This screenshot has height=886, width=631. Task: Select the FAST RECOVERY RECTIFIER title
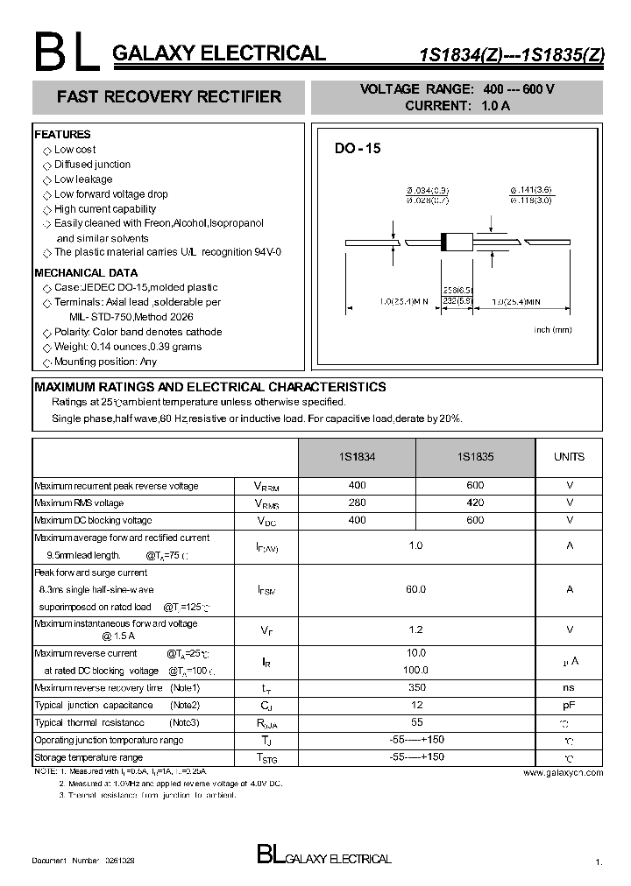tap(169, 97)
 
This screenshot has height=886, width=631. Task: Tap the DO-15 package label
tap(358, 149)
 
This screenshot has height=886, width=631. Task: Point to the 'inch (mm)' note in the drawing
tap(553, 329)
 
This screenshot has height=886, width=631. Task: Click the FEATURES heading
tap(62, 135)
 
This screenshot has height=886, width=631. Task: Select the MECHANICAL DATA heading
tap(86, 273)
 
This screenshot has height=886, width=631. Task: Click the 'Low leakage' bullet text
tap(83, 179)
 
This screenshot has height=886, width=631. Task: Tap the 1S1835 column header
tap(475, 457)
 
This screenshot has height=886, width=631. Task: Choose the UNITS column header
tap(569, 457)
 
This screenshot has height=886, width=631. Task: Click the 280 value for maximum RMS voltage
tap(357, 503)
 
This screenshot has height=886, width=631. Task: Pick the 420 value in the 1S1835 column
tap(475, 503)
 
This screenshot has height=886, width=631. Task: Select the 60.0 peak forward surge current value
tap(415, 589)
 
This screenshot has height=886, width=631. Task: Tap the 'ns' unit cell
tap(569, 688)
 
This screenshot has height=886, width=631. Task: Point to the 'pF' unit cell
tap(569, 705)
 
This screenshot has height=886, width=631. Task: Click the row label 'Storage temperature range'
tap(88, 757)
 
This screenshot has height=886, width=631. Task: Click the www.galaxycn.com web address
tap(564, 773)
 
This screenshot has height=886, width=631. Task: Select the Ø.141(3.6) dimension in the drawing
tap(532, 191)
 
